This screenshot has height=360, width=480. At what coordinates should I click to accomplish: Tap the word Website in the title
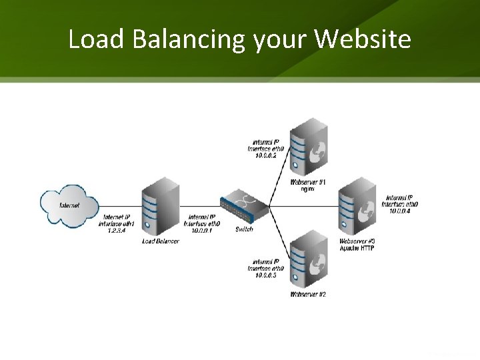coord(364,41)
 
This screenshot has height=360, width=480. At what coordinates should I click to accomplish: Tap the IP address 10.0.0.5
coord(267,275)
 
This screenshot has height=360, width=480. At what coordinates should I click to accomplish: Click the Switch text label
coord(244,230)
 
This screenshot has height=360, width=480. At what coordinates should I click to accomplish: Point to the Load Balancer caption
coord(160,241)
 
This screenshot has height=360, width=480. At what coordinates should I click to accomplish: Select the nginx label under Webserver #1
coord(307,189)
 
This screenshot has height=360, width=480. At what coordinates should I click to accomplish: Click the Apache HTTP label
coord(357,247)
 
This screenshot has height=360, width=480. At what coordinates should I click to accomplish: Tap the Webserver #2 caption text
coord(308,294)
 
